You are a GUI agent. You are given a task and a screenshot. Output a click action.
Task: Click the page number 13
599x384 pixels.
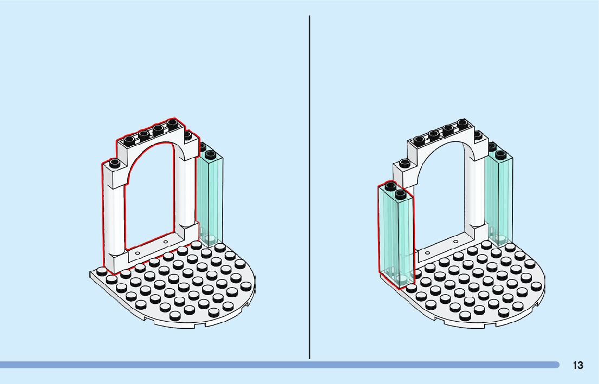[x=578, y=365]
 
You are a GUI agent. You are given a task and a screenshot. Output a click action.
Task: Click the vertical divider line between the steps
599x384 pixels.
[x=309, y=187]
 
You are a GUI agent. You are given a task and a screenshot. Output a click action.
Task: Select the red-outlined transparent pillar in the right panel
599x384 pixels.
[x=396, y=238]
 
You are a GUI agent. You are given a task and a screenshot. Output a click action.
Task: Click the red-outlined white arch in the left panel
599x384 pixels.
[x=115, y=217]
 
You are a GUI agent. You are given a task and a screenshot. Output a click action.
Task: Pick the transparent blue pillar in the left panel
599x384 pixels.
[x=211, y=195]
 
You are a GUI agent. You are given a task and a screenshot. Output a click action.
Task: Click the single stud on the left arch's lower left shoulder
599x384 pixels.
[x=114, y=162]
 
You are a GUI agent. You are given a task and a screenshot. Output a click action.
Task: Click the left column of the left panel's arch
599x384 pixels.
[x=115, y=222]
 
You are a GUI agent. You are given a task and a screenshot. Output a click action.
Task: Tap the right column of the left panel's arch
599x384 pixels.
[x=187, y=200]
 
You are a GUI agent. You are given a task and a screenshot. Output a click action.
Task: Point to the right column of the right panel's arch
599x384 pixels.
[x=477, y=200]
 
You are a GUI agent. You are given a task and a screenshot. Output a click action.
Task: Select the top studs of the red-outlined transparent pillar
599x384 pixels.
[x=395, y=190]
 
